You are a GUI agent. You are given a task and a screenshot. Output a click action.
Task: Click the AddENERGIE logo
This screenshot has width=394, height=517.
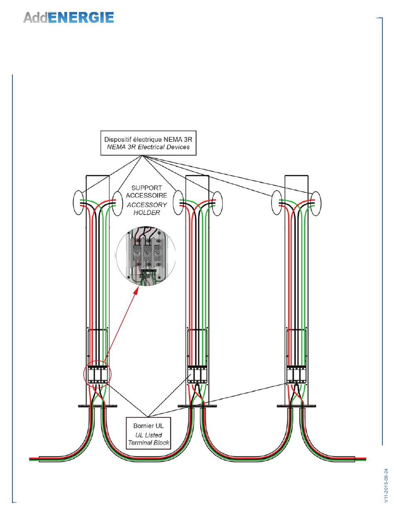click(68, 17)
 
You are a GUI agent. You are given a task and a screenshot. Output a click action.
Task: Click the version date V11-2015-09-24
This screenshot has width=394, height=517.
click(386, 485)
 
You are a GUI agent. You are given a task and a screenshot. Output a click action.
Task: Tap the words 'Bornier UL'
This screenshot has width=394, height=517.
click(148, 425)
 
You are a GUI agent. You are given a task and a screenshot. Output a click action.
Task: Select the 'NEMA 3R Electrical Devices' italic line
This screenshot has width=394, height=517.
click(148, 147)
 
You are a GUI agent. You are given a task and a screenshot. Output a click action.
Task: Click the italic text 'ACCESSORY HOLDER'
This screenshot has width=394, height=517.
click(146, 209)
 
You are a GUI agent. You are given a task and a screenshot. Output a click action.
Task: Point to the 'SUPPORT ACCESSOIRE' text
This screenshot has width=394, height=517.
click(146, 191)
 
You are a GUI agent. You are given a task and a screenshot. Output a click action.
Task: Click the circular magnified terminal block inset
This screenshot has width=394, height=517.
click(146, 256)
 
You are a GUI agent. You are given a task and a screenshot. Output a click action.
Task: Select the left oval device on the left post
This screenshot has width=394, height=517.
click(78, 203)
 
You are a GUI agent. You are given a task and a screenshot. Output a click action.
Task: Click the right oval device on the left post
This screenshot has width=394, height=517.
click(117, 203)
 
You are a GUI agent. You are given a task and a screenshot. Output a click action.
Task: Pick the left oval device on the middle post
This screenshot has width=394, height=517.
click(178, 203)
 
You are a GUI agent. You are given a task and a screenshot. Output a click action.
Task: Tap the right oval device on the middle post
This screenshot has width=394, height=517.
click(217, 203)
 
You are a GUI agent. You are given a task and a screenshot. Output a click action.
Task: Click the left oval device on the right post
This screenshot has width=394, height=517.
click(277, 203)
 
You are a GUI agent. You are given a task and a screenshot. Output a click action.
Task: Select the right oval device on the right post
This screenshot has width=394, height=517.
click(316, 203)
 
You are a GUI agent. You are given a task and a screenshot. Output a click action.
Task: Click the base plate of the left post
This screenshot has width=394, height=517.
click(97, 406)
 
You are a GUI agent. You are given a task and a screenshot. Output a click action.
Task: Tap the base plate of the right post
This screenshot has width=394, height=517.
click(297, 406)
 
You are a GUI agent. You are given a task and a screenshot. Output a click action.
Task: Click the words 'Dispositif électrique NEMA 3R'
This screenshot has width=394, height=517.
click(148, 140)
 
